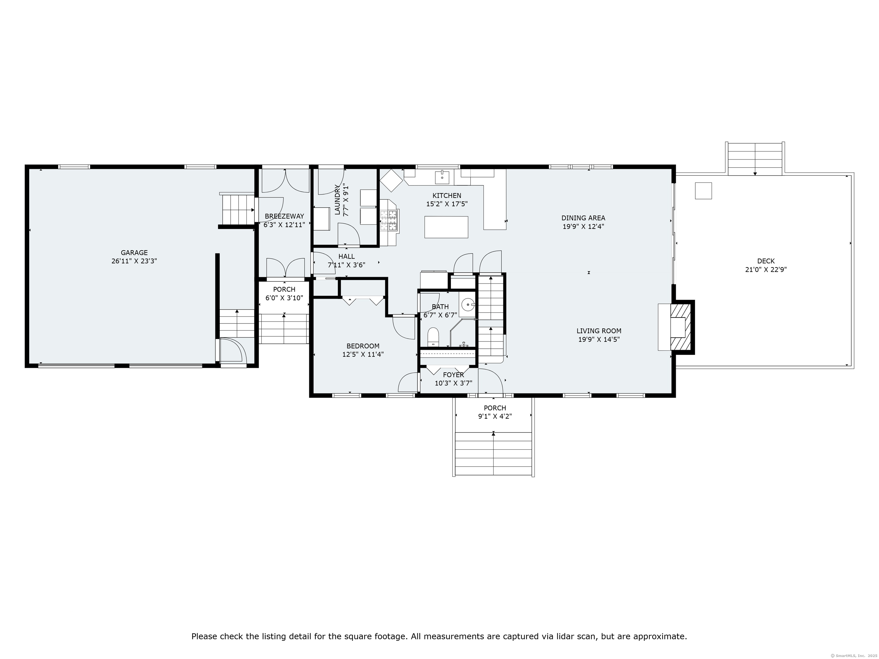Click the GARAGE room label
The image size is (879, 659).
(x=134, y=253)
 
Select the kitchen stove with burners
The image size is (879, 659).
(x=389, y=221)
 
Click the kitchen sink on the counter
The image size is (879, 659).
(x=442, y=177)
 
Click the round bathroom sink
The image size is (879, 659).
(x=468, y=305)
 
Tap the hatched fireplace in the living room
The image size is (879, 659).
(x=682, y=327)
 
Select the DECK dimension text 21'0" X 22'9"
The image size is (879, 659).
(x=765, y=270)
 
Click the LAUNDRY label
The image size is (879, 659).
(x=337, y=200)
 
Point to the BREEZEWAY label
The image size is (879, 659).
(x=284, y=216)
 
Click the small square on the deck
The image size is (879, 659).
(x=703, y=191)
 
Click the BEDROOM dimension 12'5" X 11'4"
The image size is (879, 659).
(x=363, y=354)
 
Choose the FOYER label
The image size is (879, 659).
(x=454, y=375)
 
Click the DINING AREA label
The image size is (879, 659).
(x=583, y=218)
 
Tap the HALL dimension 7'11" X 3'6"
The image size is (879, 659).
(x=346, y=265)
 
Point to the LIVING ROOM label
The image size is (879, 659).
(x=599, y=331)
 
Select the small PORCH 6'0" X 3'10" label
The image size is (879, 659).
(x=284, y=289)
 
